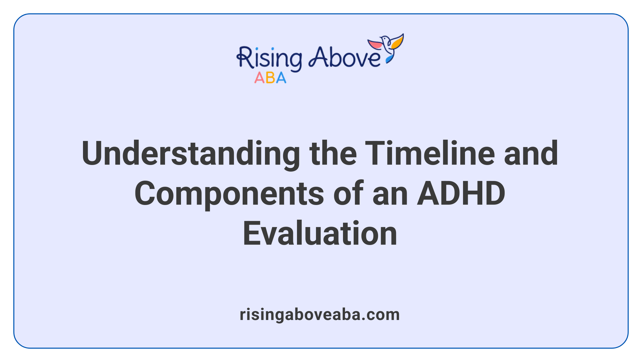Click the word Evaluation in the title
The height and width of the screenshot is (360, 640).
[320, 233]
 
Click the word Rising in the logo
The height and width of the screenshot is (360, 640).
[269, 58]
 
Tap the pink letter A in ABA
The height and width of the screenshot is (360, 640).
[259, 78]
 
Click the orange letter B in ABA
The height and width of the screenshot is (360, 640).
[270, 78]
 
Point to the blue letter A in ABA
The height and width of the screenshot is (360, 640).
[281, 78]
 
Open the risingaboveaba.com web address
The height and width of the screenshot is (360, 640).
[320, 315]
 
